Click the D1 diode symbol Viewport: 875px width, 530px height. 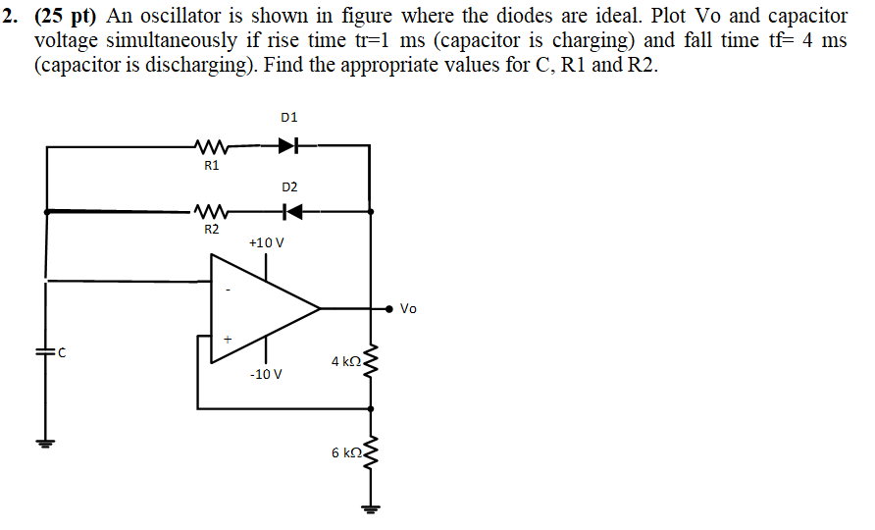(287, 146)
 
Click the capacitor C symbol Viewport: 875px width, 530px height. (44, 354)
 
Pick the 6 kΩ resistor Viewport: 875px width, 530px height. (370, 453)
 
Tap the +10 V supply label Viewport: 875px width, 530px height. (266, 241)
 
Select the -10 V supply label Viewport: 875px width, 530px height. (266, 375)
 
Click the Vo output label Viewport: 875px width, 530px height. (409, 309)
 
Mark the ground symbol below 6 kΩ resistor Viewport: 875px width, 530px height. (370, 508)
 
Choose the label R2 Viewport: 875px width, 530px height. (211, 229)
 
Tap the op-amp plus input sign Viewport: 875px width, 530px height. (229, 338)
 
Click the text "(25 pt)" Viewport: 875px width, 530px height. (67, 16)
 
